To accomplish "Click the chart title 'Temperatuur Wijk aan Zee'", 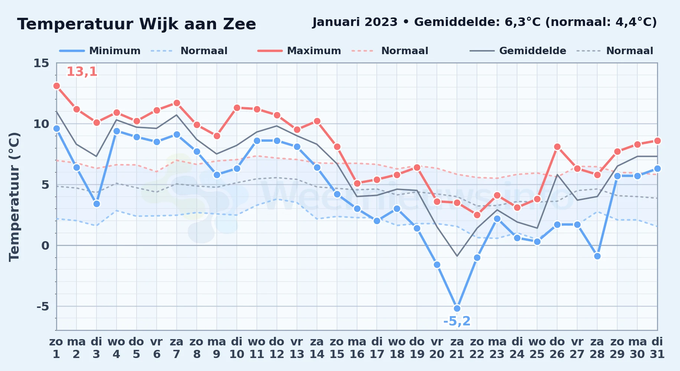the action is (x=137, y=24).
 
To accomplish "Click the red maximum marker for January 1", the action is (x=56, y=86).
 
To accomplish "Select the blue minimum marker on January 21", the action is (x=457, y=308).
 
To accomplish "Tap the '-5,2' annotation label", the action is (x=457, y=321).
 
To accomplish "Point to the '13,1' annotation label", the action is (x=82, y=72).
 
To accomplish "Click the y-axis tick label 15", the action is (x=41, y=63).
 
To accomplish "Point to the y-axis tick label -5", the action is (x=43, y=306).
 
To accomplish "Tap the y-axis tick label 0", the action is (x=45, y=246).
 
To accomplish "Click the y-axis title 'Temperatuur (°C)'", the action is (x=14, y=197).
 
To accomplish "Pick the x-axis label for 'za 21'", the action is (x=457, y=348).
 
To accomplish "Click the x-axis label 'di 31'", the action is (x=657, y=348).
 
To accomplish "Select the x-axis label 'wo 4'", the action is (x=117, y=348).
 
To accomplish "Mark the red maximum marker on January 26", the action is (x=557, y=147).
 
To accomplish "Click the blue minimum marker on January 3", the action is (x=97, y=204).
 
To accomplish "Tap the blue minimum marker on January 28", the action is (x=597, y=256).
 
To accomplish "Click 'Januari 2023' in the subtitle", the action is (x=355, y=22).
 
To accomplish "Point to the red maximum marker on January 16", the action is (x=357, y=183).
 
